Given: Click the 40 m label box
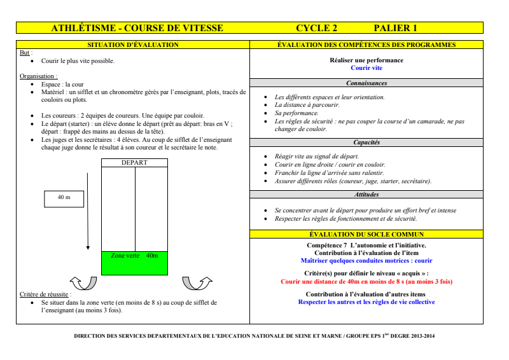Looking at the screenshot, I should [x=64, y=198].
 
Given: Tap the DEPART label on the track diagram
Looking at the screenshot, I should [x=134, y=163].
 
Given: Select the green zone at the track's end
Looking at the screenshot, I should [x=134, y=263].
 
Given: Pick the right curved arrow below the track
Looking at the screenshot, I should [x=193, y=282].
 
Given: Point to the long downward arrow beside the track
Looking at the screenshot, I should [x=88, y=210].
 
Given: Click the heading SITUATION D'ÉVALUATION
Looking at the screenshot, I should [x=132, y=45].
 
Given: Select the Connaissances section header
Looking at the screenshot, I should [x=366, y=83].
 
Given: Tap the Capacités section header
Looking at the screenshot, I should [x=366, y=142].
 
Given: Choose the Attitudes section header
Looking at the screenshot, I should [x=366, y=195].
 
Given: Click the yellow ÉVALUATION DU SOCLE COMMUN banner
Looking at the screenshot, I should [x=366, y=235].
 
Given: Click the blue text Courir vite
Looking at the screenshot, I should [x=366, y=67].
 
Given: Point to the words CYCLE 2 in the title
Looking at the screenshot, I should [x=317, y=28].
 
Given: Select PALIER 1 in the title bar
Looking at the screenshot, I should [x=395, y=28].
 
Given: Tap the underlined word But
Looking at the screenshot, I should [x=26, y=53].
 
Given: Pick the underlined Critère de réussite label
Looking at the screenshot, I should [x=45, y=295].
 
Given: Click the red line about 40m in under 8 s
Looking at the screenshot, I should [x=366, y=280].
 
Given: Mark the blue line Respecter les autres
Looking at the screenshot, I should [x=366, y=302].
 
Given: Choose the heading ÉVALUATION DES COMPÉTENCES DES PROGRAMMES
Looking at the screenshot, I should [x=366, y=45].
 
